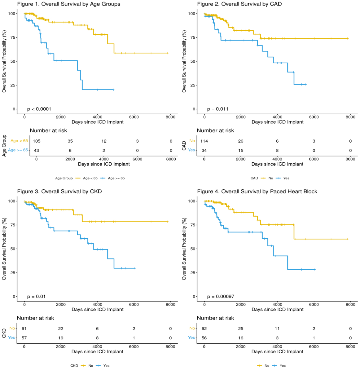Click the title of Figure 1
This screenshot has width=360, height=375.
68,4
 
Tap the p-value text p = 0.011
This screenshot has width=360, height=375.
217,109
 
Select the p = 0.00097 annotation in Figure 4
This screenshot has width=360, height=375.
221,297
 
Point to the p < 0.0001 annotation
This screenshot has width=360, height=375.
39,109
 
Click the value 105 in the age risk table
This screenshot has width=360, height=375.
37,141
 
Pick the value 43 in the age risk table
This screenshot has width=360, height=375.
37,150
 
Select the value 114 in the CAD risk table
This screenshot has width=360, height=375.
204,141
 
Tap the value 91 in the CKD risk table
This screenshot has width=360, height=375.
24,329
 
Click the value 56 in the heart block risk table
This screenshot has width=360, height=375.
204,338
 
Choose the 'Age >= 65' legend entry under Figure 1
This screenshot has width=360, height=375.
116,178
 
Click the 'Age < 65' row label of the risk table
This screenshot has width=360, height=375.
19,141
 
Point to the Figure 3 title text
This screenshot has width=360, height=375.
59,192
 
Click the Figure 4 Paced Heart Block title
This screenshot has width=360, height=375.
257,192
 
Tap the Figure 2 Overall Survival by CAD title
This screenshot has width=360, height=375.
239,4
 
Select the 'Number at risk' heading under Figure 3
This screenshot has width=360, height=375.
35,318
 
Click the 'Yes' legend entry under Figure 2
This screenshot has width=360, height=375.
286,178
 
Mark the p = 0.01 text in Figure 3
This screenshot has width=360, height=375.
36,297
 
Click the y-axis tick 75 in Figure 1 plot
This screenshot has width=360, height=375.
13,37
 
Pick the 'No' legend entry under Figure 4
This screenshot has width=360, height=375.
267,366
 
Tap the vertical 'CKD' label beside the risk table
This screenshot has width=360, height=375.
4,333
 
